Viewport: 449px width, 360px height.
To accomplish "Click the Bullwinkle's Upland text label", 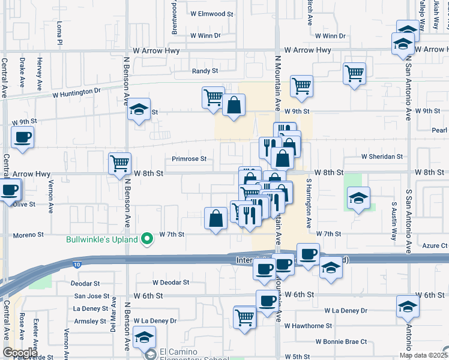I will coord(101,240).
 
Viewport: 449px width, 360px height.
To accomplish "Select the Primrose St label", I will coord(189,159).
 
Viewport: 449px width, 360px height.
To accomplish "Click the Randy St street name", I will coord(205,71).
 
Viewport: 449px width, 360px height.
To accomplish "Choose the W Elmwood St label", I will coord(211,13).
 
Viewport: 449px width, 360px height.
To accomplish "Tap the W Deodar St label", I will coord(170,282).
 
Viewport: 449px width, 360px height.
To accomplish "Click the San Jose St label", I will coord(92,296).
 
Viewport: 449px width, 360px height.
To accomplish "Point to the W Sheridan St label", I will coord(382,157).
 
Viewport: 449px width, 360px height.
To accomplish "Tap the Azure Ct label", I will coord(435,246).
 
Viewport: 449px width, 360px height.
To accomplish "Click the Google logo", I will coord(20,353).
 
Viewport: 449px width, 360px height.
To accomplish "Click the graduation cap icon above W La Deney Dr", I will coord(408,306).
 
